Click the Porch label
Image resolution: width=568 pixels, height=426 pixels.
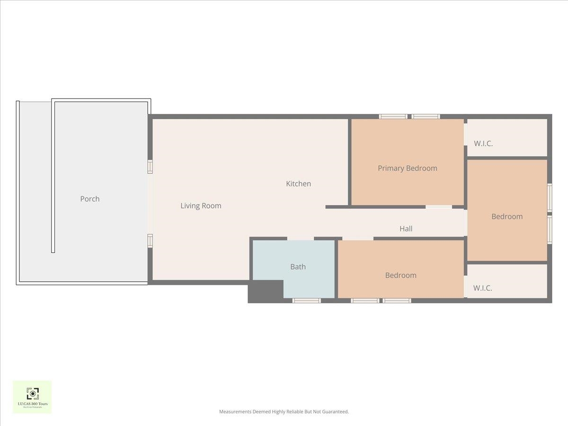[90, 199]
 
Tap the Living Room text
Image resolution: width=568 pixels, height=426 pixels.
[201, 206]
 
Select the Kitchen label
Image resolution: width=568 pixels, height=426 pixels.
[298, 184]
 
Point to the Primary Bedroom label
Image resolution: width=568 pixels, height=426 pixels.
[407, 168]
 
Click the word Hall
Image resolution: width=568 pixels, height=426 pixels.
[406, 229]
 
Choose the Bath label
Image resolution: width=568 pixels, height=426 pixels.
[298, 266]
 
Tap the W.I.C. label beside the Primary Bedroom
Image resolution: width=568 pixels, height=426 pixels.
[483, 143]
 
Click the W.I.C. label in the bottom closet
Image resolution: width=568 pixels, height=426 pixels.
[482, 288]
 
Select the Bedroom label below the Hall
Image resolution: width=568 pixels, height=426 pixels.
[400, 275]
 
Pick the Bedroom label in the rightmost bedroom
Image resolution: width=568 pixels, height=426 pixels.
[507, 216]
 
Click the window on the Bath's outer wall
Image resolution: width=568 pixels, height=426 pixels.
[306, 301]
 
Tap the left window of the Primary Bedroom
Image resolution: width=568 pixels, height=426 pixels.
[393, 116]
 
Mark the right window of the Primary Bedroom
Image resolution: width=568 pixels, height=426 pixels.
[426, 116]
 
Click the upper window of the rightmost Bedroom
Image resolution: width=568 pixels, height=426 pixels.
[550, 197]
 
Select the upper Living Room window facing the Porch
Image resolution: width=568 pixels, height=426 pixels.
[150, 167]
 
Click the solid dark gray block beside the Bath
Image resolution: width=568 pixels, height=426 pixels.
[265, 291]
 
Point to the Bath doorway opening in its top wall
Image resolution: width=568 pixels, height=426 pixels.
[301, 239]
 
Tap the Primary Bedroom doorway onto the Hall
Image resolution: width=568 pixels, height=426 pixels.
[439, 207]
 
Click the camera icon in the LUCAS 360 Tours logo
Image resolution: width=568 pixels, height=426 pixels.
[32, 393]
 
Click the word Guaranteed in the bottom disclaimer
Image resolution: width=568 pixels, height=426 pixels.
[336, 412]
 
